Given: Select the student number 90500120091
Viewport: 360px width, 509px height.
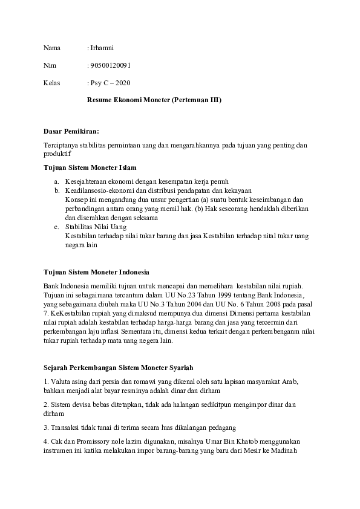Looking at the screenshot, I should [x=110, y=65].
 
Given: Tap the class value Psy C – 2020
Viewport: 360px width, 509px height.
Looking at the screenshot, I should [x=110, y=82].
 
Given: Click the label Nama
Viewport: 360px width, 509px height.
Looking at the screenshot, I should [x=52, y=47].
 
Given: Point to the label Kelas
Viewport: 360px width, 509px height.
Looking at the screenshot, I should [x=52, y=82].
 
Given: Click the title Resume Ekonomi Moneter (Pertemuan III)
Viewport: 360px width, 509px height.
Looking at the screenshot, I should [x=154, y=99].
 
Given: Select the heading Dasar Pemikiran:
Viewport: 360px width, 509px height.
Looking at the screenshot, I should [x=71, y=131].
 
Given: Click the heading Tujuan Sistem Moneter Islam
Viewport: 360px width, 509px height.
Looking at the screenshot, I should [x=90, y=167].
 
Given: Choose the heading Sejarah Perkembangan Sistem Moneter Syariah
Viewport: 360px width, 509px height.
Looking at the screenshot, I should [x=118, y=368].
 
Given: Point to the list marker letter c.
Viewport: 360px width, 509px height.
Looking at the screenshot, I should [x=56, y=227].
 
